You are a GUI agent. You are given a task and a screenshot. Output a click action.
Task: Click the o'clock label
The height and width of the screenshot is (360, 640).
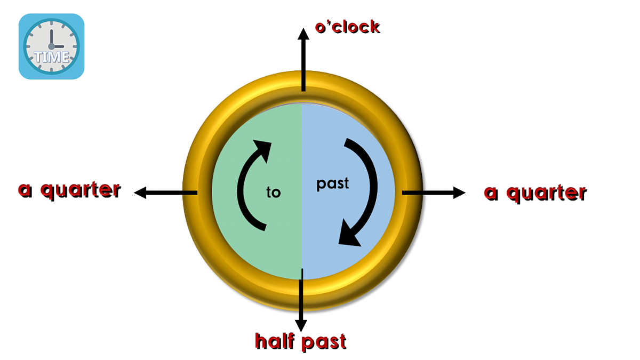click(347, 27)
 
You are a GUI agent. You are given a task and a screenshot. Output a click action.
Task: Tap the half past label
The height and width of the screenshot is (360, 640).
click(301, 341)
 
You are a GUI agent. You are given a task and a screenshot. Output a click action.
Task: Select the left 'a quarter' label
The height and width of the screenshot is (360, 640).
click(69, 190)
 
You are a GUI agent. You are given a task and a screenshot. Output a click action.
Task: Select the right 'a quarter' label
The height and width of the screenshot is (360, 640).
click(535, 194)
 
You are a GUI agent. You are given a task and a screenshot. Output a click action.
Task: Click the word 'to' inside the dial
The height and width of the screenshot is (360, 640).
click(274, 192)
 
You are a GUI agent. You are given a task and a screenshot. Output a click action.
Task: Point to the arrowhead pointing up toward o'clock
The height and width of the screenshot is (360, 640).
click(303, 34)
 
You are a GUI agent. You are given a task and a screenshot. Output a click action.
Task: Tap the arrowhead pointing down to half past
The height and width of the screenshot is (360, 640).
click(301, 326)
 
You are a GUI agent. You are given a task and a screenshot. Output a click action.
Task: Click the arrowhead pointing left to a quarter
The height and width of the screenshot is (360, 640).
click(140, 193)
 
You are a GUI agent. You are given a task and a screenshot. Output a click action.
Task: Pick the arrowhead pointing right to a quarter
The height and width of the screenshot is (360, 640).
click(459, 193)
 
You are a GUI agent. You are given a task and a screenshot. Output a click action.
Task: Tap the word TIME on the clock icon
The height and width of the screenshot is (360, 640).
click(52, 57)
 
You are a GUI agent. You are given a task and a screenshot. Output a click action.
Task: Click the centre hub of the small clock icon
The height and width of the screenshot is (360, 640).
click(51, 46)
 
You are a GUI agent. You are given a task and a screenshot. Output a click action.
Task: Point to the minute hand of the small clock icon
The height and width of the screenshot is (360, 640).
click(51, 38)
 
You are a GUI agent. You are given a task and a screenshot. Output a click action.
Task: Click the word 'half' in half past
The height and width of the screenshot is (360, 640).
click(275, 341)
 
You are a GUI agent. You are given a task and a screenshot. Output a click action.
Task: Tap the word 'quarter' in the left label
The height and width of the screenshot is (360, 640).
click(81, 190)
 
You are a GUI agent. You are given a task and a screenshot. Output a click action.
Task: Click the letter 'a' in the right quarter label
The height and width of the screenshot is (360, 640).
click(491, 194)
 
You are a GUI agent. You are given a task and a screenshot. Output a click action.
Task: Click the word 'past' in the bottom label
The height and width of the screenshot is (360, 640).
click(324, 342)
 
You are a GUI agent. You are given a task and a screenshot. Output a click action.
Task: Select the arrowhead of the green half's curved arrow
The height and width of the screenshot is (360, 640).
click(263, 149)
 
